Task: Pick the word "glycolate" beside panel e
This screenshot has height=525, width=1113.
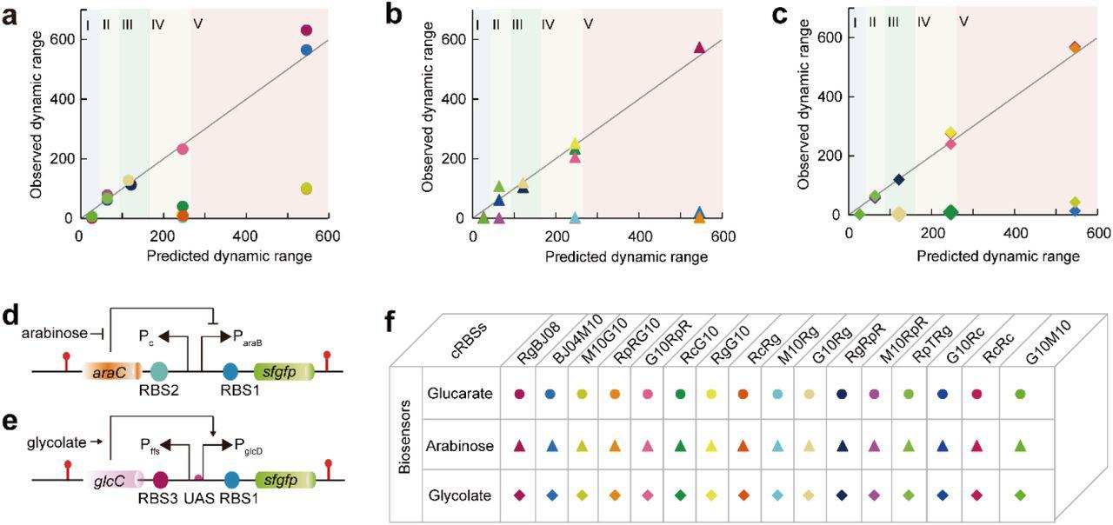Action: point(38,442)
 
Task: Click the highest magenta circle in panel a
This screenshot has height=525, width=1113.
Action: point(306,30)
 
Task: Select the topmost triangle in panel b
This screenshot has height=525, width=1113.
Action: point(699,47)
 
